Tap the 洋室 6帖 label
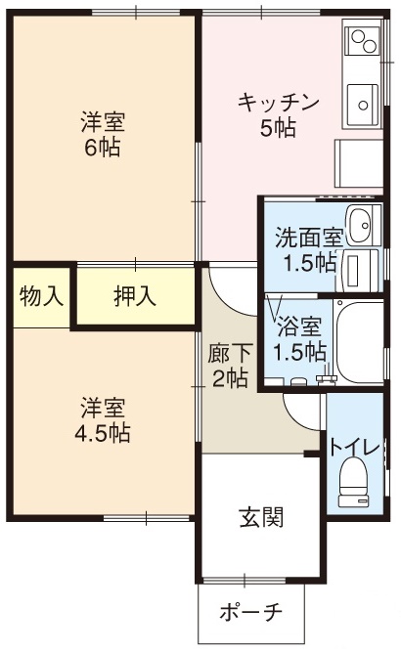click(102, 135)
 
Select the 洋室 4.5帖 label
click(102, 419)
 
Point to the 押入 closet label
click(135, 296)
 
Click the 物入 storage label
click(40, 296)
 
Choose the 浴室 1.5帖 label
click(299, 338)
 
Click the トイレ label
click(354, 447)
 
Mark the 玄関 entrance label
click(261, 517)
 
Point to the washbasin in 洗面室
click(360, 224)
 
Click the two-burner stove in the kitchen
click(363, 43)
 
